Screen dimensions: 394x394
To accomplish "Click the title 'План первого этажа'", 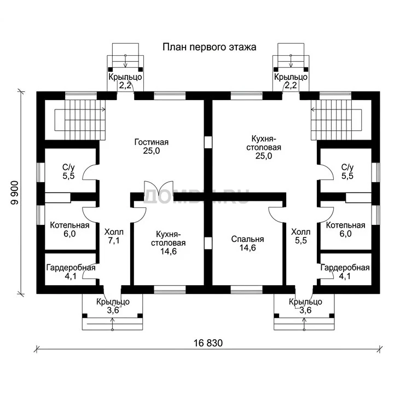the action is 209,47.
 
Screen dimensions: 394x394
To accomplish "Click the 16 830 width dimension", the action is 208,343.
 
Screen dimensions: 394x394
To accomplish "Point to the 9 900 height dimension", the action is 15,193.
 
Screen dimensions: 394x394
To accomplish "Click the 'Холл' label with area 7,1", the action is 114,236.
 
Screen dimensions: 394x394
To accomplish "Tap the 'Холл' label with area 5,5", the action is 301,236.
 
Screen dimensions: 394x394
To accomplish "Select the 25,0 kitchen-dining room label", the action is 264,147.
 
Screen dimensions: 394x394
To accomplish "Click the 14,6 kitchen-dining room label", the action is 168,243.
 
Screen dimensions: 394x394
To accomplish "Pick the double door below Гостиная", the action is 159,188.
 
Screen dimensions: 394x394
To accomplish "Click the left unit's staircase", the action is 80,120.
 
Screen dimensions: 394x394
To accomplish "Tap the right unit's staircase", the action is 336,120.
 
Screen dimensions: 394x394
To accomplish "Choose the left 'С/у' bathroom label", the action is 68,172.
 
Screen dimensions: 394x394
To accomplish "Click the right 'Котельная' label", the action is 345,229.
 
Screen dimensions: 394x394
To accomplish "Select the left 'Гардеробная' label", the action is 71,272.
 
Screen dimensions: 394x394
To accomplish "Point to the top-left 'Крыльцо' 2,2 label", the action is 125,81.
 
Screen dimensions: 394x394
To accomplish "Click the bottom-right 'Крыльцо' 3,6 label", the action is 305,306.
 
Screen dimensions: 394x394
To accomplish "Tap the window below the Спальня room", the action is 246,289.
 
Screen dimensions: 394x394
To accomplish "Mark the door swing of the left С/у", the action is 89,172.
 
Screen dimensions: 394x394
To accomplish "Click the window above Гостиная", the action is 170,96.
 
